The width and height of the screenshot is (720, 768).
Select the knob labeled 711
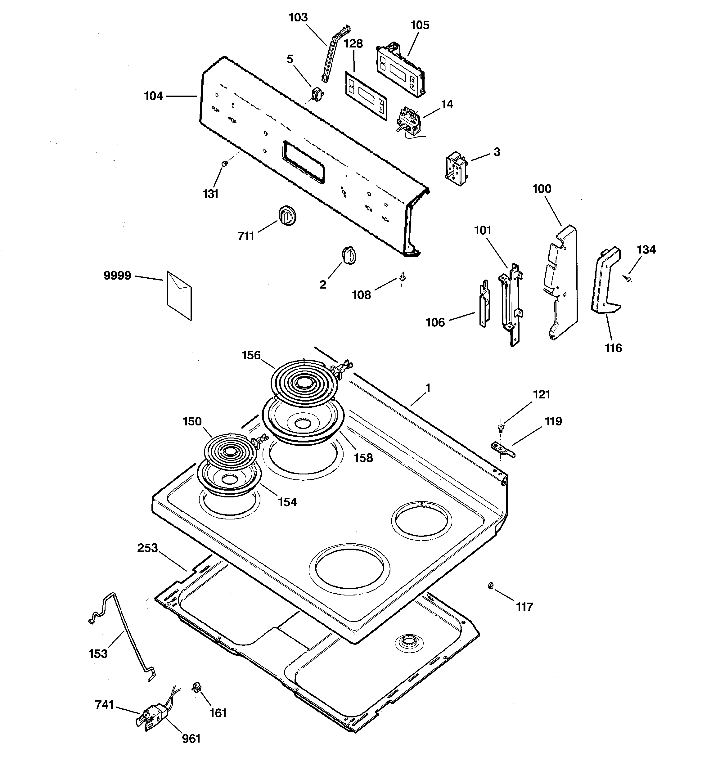[287, 216]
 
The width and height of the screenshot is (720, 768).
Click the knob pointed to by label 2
[349, 255]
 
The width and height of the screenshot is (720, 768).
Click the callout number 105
[420, 25]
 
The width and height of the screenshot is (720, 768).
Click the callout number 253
[148, 548]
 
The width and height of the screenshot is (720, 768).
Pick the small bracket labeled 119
[502, 449]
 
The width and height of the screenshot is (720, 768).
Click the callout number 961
[191, 739]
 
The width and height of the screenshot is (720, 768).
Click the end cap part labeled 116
[605, 282]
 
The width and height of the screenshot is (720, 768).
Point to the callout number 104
[153, 96]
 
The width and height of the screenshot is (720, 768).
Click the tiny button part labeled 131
[224, 164]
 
